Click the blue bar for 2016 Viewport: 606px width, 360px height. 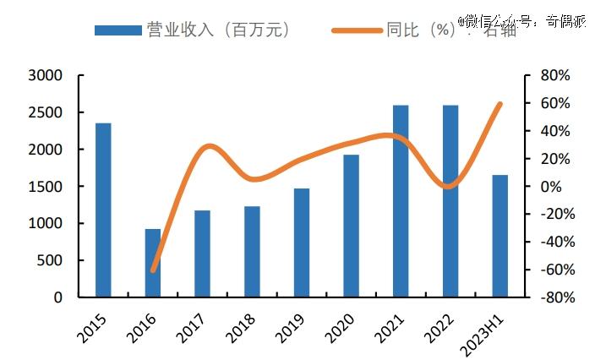[x=153, y=263]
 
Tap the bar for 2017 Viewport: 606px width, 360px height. [x=202, y=254]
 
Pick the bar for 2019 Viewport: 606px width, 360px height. [x=302, y=243]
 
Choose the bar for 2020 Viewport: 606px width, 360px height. [x=352, y=226]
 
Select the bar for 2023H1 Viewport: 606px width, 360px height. [x=500, y=236]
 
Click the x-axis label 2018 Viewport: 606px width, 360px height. [x=240, y=325]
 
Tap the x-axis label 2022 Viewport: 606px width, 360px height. [x=439, y=325]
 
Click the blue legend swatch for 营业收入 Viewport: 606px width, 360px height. [x=117, y=30]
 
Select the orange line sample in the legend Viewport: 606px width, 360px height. [x=355, y=30]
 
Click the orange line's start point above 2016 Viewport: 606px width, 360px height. [x=153, y=270]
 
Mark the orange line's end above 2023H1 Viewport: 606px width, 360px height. [x=500, y=104]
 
